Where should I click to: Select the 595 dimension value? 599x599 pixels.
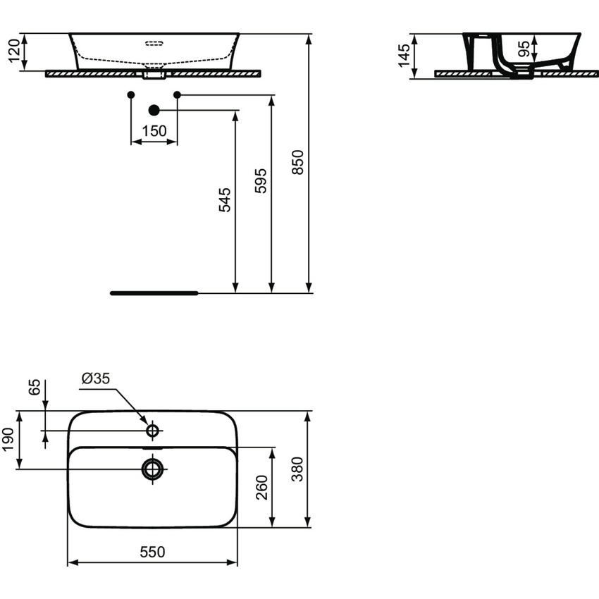pos(261,181)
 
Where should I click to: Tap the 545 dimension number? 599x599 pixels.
pos(224,201)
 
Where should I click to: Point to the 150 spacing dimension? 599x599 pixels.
pos(154,131)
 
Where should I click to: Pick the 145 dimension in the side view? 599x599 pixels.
pos(404,56)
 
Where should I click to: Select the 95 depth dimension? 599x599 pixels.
pos(524,49)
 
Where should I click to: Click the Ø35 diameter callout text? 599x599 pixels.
pos(96,379)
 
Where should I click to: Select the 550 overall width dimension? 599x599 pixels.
pos(152,552)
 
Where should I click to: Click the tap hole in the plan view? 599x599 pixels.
pos(152,430)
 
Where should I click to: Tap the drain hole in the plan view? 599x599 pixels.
pos(152,468)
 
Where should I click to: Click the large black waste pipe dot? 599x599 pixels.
pos(154,110)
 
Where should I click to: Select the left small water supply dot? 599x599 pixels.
pos(131,94)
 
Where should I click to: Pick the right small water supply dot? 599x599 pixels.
pos(177,94)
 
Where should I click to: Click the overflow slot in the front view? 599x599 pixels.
pos(154,44)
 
